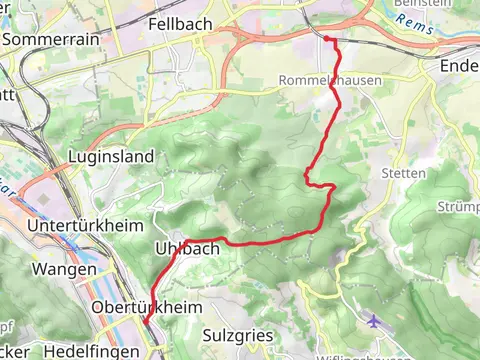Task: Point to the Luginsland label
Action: [111, 157]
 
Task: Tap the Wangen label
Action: [64, 270]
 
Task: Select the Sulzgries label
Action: [237, 335]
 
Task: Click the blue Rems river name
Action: [420, 27]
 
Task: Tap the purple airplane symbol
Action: [374, 321]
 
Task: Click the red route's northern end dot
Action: [327, 39]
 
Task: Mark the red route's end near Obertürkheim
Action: [146, 322]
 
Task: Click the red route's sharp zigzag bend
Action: [308, 178]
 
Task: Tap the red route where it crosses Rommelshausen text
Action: [331, 81]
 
